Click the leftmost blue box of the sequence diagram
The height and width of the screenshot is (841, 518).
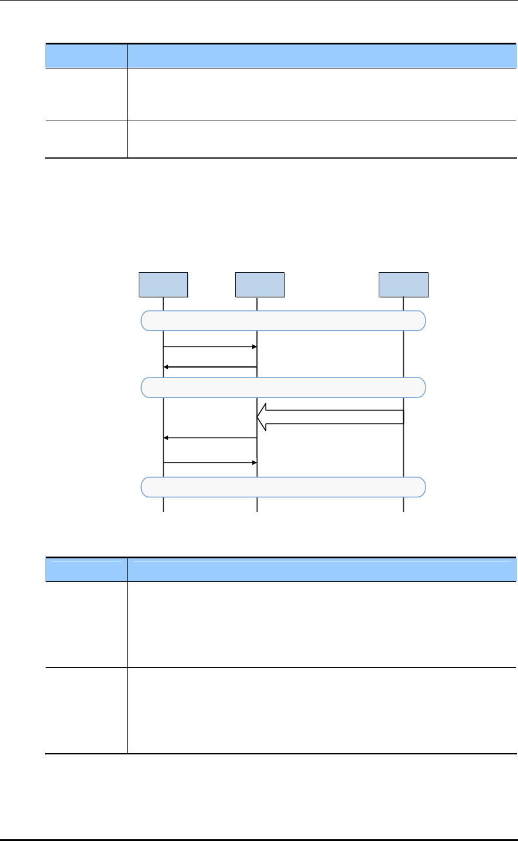click(163, 284)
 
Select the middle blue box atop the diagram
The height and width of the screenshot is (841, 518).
click(259, 284)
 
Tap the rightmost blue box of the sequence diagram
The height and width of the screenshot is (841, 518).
click(403, 284)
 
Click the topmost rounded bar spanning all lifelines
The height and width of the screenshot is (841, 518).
click(284, 321)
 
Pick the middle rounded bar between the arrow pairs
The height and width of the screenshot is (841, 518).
click(284, 387)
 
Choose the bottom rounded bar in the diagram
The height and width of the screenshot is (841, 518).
click(284, 487)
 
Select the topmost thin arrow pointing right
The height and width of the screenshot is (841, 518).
click(210, 347)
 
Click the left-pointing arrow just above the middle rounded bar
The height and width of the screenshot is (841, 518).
click(210, 367)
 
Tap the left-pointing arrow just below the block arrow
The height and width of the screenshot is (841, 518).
click(210, 438)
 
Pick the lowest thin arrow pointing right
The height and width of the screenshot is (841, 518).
click(210, 462)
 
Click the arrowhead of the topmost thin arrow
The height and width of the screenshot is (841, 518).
click(255, 347)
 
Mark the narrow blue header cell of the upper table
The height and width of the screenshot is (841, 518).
click(86, 56)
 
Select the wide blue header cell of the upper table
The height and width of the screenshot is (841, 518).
click(322, 56)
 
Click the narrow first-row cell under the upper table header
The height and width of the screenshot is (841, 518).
click(86, 94)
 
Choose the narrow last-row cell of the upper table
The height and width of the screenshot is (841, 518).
click(86, 139)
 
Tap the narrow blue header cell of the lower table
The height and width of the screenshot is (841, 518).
click(86, 569)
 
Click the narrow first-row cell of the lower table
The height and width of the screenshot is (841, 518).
click(86, 624)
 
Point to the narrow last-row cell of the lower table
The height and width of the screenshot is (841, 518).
click(86, 710)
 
